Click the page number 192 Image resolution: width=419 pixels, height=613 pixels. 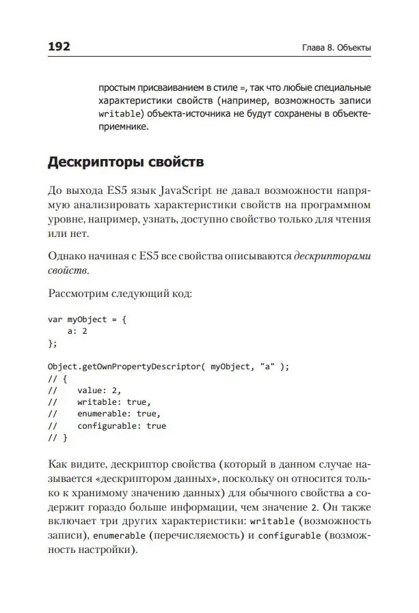pyautogui.click(x=59, y=47)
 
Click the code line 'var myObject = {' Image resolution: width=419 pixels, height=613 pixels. pyautogui.click(x=87, y=319)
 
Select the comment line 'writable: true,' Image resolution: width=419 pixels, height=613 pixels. pyautogui.click(x=113, y=402)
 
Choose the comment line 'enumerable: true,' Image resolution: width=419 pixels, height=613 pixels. pyautogui.click(x=118, y=414)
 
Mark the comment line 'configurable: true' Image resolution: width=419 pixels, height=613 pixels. pyautogui.click(x=121, y=425)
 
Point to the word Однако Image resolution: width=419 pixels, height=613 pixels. pyautogui.click(x=68, y=257)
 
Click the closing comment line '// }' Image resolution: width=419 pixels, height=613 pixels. pyautogui.click(x=57, y=438)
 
